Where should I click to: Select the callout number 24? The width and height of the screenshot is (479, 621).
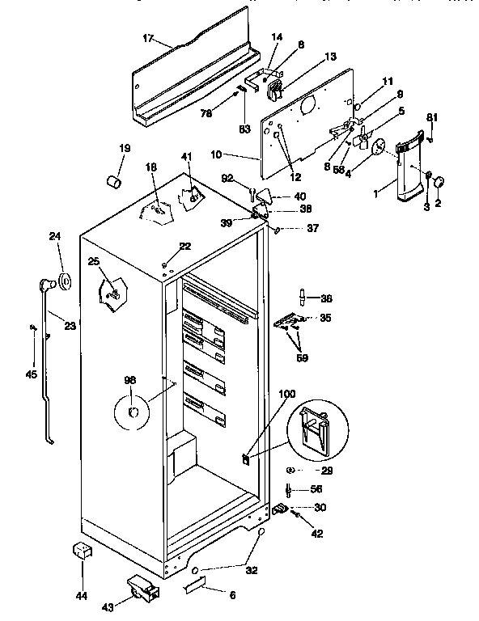click(x=55, y=237)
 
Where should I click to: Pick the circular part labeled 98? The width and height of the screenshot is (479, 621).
click(x=134, y=413)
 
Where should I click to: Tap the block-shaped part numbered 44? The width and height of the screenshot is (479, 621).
click(x=81, y=551)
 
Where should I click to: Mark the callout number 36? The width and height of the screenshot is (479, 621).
click(x=326, y=297)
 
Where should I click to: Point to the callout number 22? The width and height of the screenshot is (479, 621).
click(x=185, y=247)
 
